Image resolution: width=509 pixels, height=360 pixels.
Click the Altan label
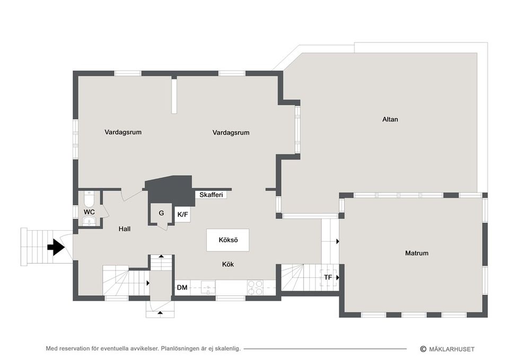point(390,119)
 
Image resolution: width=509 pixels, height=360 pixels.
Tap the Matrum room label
point(416,253)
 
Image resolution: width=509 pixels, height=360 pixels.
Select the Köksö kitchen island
point(228,240)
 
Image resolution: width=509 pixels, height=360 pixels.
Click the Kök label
point(228,264)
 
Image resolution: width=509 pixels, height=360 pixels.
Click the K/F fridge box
point(182,214)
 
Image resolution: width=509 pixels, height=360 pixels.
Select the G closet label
point(161,213)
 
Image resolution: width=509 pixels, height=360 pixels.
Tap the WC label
point(89,212)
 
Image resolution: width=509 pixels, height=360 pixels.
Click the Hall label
point(125,229)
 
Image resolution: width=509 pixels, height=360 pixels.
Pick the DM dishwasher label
point(182,288)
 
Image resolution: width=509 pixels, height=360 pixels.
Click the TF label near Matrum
point(328,277)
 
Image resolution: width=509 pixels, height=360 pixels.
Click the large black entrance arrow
point(56,247)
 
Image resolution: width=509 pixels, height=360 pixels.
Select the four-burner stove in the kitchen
point(256,287)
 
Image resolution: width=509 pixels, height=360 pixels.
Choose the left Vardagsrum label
point(123,133)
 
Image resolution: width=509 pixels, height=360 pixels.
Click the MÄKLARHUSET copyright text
point(451,349)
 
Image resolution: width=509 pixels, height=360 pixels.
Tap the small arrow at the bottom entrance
point(160,314)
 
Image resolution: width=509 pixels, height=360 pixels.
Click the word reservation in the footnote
point(78,349)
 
